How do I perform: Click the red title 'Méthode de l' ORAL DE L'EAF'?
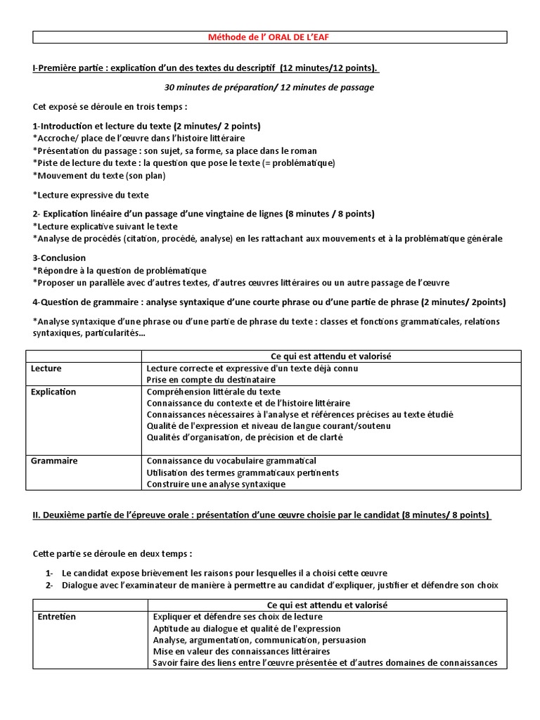269,37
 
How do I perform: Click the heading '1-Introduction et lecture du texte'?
146,126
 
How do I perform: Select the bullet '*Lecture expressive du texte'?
91,195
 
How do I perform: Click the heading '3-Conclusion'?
59,258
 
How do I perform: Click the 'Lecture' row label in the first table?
46,368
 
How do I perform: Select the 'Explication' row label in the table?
53,392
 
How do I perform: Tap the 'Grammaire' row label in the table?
54,461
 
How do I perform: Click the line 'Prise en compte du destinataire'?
211,380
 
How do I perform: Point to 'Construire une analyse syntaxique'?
216,484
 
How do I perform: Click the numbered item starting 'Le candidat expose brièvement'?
225,573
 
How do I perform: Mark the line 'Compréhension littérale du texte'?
213,392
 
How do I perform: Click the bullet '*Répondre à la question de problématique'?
120,270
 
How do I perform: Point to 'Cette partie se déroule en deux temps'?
112,553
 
